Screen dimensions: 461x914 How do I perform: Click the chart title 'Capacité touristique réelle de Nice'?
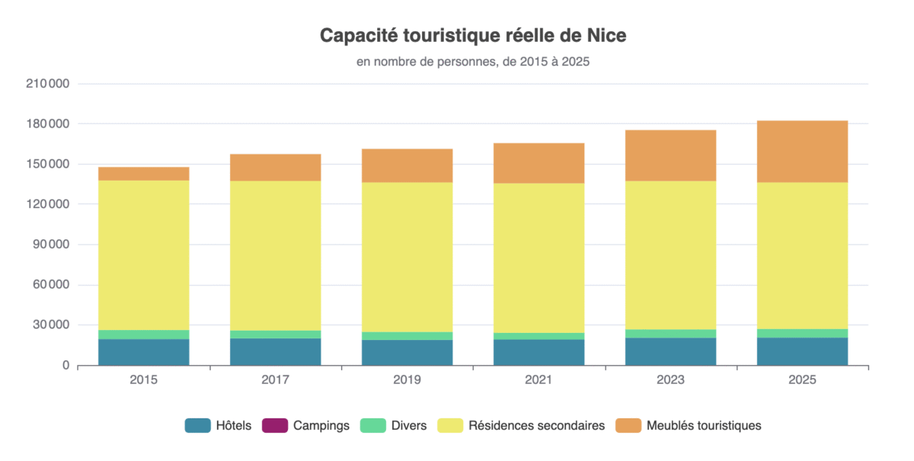(x=472, y=36)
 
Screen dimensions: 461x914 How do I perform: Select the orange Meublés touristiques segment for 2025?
(x=802, y=151)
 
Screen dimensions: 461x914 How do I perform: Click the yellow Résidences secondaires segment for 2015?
(x=143, y=255)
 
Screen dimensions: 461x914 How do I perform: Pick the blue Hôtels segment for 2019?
(x=407, y=352)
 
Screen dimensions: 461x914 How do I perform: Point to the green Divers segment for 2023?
(x=671, y=334)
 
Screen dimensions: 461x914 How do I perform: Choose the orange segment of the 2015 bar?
(x=143, y=174)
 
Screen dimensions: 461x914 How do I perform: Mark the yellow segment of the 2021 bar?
(x=539, y=258)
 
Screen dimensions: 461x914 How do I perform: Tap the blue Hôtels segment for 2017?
(x=275, y=351)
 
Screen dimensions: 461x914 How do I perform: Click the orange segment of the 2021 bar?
(x=539, y=163)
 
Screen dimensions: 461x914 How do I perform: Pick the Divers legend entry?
(x=394, y=426)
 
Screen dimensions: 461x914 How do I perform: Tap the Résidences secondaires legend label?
(x=536, y=426)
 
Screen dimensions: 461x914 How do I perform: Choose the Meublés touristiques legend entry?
(x=691, y=426)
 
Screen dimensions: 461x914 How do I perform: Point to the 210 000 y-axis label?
(x=48, y=84)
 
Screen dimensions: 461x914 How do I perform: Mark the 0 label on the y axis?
(x=66, y=366)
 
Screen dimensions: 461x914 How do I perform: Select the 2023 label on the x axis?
(x=671, y=379)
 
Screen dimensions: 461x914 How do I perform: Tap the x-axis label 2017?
(x=275, y=379)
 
